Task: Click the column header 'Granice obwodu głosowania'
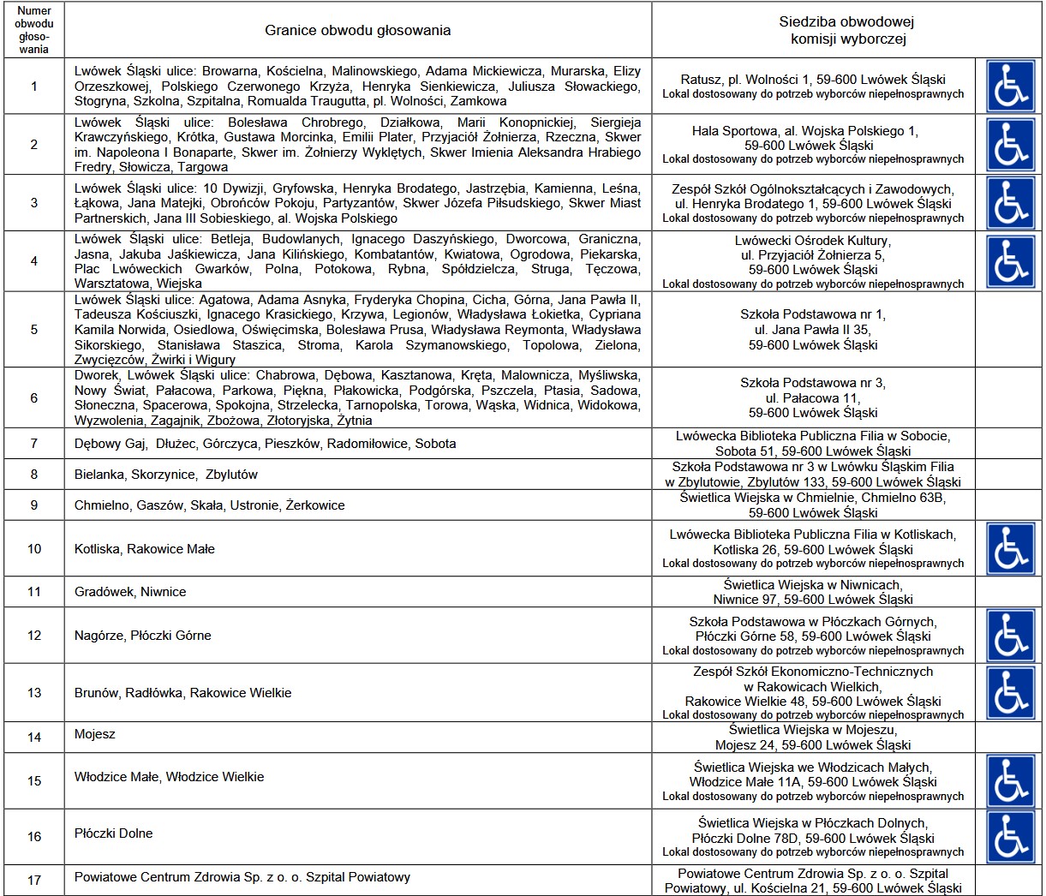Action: [x=357, y=31]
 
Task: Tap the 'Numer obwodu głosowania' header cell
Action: [x=34, y=31]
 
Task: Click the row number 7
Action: [x=34, y=444]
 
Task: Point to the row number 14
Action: [x=34, y=737]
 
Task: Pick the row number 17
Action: [x=34, y=880]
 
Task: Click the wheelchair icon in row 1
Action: [x=1011, y=86]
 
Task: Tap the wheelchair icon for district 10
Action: [x=1011, y=548]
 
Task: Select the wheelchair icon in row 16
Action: [x=1011, y=836]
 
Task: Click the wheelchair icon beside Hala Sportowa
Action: [x=1011, y=145]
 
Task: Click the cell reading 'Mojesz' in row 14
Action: [x=95, y=734]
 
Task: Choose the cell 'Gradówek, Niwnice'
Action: [x=130, y=592]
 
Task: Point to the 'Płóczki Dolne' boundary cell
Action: [x=113, y=833]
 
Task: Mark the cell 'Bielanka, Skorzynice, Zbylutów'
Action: [x=166, y=475]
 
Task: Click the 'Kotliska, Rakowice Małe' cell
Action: [x=145, y=549]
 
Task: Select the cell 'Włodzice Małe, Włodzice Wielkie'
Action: [x=170, y=777]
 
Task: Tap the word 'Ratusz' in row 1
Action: [x=700, y=80]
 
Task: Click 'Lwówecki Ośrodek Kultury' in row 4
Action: [x=812, y=241]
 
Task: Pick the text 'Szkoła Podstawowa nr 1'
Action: [x=812, y=314]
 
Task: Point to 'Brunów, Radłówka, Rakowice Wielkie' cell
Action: [x=183, y=693]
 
